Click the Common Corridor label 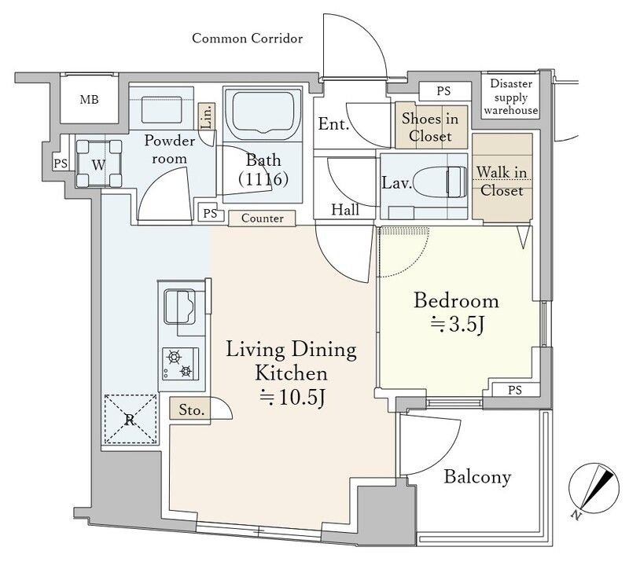click(x=247, y=39)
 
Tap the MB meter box click(x=89, y=99)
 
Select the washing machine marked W click(x=99, y=163)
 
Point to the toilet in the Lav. click(x=440, y=182)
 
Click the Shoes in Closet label click(x=430, y=127)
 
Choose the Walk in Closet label click(x=502, y=182)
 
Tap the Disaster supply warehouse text click(x=510, y=97)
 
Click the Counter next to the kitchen click(x=262, y=218)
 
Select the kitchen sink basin click(x=179, y=307)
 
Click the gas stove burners click(x=180, y=364)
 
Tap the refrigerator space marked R click(x=130, y=419)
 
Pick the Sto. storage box click(x=190, y=409)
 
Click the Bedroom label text click(x=457, y=301)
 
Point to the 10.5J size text click(x=292, y=398)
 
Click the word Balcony click(x=477, y=477)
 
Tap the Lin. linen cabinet click(x=207, y=116)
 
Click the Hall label click(x=345, y=210)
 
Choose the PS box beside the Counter click(x=210, y=213)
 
